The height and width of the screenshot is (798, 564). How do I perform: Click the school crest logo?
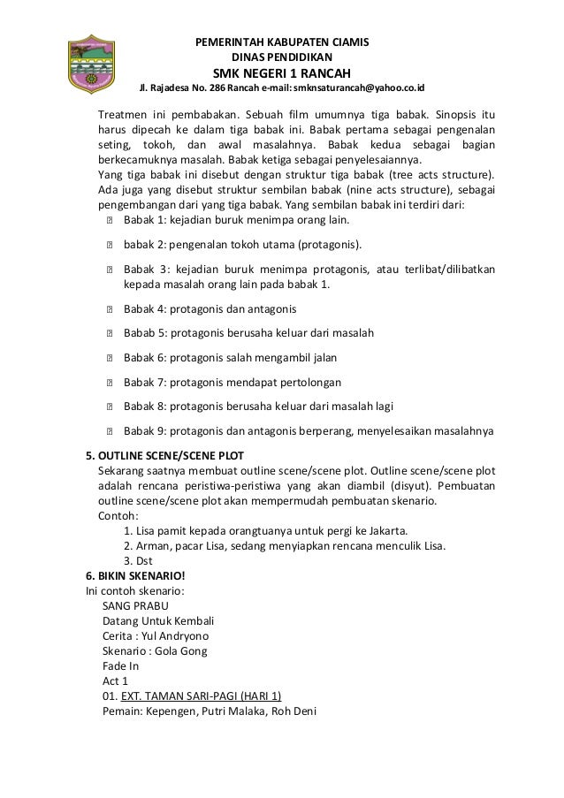[x=87, y=64]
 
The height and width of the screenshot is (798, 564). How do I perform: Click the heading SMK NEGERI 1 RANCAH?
[x=281, y=72]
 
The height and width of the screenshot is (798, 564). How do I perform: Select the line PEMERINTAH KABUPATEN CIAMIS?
[x=282, y=42]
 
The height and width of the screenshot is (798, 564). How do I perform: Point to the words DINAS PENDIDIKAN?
[x=282, y=57]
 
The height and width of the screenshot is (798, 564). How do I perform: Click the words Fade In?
[x=121, y=665]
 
